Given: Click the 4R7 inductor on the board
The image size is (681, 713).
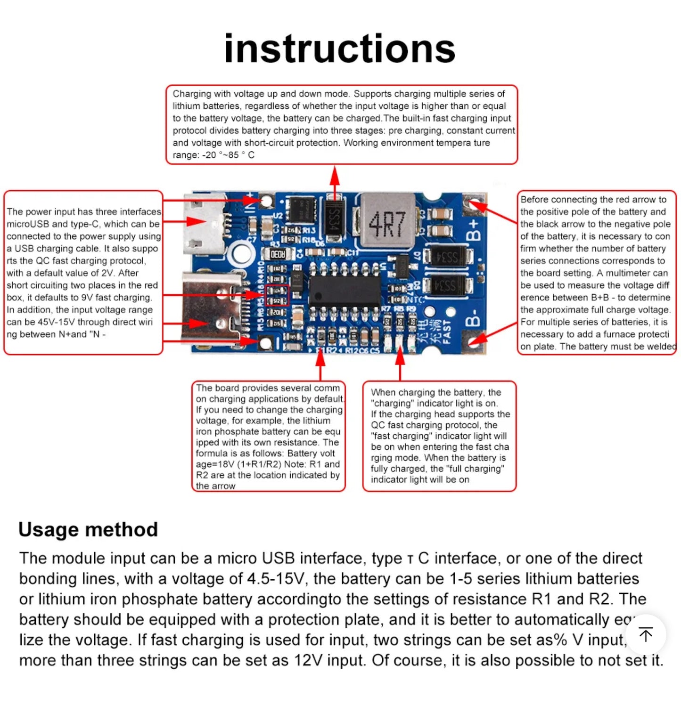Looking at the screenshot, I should (387, 220).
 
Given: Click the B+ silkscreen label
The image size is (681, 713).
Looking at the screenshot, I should (474, 229).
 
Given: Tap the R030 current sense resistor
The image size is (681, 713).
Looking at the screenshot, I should (278, 254).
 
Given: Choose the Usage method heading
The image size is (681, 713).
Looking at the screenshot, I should (88, 529).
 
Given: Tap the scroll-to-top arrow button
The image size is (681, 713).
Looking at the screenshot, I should (646, 634).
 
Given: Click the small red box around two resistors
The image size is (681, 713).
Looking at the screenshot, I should (277, 295).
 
